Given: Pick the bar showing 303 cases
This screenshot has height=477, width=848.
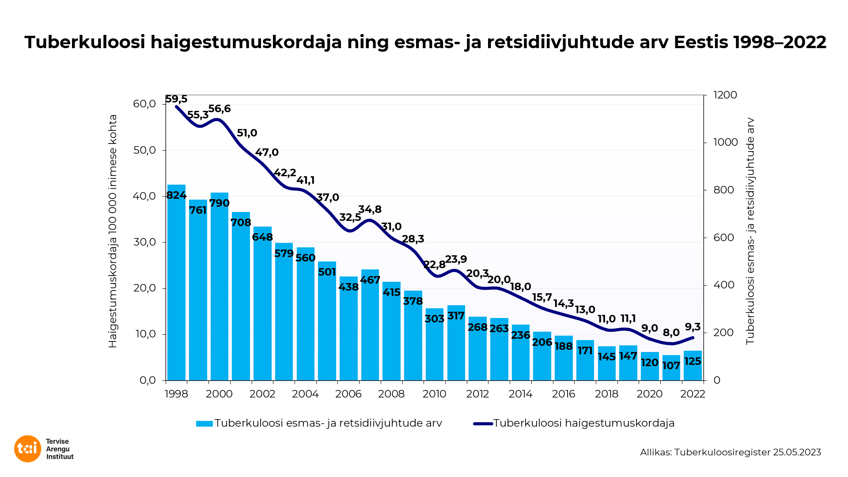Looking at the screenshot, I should coord(435,344).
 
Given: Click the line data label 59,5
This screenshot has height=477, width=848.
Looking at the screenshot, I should coord(176,99).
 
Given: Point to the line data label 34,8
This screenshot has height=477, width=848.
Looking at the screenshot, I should coord(370,209).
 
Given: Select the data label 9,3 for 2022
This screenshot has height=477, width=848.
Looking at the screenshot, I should coord(693,327).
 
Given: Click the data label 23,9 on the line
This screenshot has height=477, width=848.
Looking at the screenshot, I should coord(456,259).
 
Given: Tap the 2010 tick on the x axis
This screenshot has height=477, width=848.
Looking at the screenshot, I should coord(435,394).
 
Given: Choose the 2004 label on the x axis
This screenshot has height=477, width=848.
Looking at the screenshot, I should coord(305,394).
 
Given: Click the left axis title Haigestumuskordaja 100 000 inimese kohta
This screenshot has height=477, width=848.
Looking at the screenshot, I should coord(113,231).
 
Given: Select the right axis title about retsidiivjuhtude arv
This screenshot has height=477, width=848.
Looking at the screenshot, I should coord(750,231).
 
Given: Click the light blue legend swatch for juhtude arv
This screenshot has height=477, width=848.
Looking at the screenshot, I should coord(204,424).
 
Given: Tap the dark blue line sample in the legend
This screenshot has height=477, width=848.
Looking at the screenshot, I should coord(483,424).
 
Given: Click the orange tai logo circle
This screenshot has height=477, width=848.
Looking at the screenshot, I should coord(27,449).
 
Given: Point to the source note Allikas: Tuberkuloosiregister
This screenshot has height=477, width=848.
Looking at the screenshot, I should coord(731,452).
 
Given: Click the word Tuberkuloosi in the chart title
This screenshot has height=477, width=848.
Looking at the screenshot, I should coord(85,42).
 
